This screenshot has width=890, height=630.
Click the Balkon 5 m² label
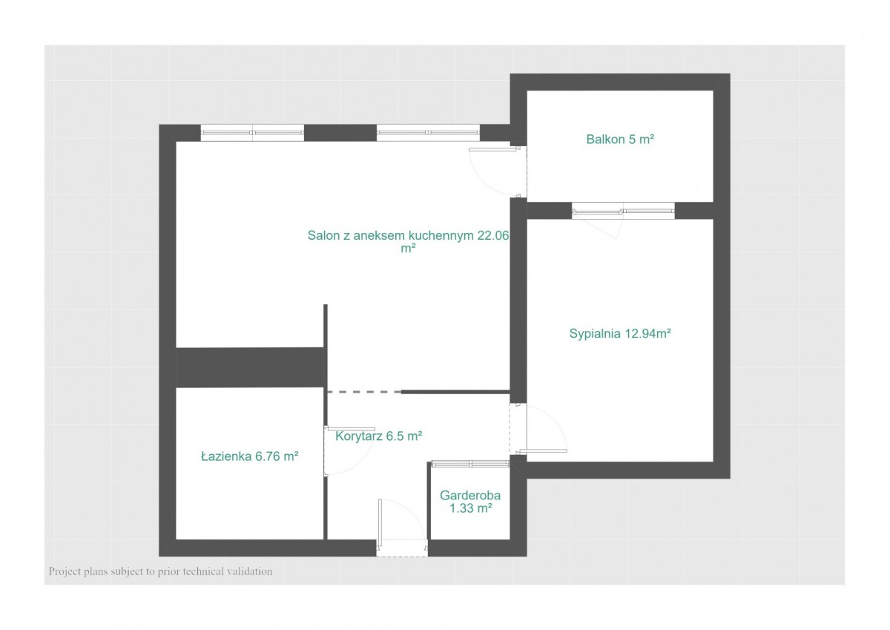[620, 139]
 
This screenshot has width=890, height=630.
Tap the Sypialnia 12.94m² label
[620, 333]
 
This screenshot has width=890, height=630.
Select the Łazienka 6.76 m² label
[249, 456]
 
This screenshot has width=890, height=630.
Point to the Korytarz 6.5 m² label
[378, 436]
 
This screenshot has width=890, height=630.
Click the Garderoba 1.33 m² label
[470, 502]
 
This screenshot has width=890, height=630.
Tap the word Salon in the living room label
[323, 235]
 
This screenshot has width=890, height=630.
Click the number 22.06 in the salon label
[492, 235]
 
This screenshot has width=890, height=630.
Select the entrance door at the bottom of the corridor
[402, 528]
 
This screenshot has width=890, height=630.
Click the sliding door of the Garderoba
[470, 464]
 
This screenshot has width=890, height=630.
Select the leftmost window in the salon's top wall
[252, 133]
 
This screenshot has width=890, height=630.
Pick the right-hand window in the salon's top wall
[428, 133]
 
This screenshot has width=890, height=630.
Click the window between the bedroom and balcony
[623, 211]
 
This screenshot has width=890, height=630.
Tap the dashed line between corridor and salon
[364, 392]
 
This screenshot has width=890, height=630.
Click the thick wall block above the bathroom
[251, 367]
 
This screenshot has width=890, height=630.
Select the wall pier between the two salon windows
[340, 133]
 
